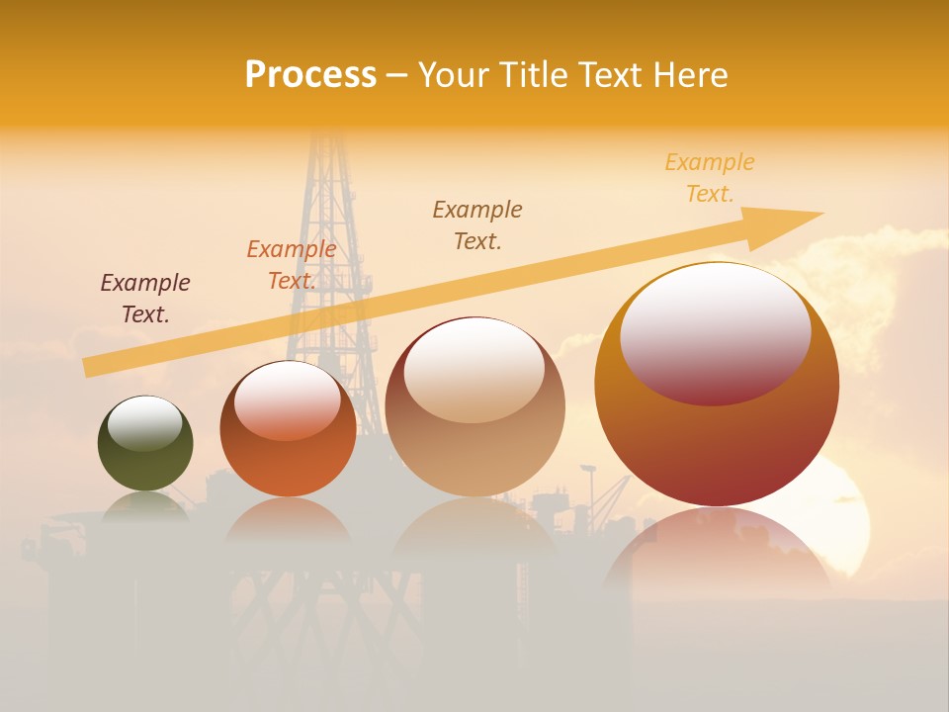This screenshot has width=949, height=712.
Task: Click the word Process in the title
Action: click(310, 75)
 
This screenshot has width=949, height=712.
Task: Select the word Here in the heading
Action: click(689, 75)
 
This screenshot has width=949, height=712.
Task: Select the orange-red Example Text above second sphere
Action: click(292, 265)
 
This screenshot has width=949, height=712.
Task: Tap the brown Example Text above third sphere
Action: click(477, 224)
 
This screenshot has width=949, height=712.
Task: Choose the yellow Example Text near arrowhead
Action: click(710, 177)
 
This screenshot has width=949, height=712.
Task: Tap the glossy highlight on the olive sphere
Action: click(145, 421)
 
